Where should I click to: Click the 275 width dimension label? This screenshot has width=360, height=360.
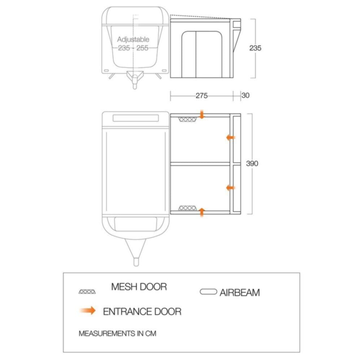[202, 95]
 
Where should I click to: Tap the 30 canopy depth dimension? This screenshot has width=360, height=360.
[246, 95]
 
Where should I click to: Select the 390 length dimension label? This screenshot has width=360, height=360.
[252, 163]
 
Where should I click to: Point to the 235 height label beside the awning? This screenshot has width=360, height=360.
[255, 48]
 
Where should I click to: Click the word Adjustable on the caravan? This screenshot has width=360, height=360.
[133, 40]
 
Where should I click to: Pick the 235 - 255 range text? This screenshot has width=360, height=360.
[133, 48]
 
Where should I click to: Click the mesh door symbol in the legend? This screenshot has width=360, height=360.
[87, 292]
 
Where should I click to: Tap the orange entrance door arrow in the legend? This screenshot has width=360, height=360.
[87, 310]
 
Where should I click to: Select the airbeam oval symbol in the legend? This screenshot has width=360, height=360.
[208, 292]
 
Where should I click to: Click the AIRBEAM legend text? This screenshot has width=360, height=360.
[240, 293]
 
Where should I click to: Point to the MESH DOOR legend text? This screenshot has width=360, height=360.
[139, 287]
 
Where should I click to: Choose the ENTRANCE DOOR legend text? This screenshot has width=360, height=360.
[142, 311]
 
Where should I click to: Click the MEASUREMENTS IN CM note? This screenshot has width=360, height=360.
[117, 333]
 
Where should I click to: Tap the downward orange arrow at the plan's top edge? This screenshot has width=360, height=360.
[202, 114]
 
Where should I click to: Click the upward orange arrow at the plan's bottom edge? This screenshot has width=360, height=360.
[202, 212]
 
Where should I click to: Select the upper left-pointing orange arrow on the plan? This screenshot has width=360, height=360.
[231, 138]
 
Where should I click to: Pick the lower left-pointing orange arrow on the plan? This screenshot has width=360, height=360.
[231, 188]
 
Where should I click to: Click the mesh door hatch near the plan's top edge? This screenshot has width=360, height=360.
[188, 120]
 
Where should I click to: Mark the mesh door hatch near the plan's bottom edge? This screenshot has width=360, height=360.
[188, 208]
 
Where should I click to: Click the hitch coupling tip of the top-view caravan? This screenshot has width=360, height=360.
[136, 262]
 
